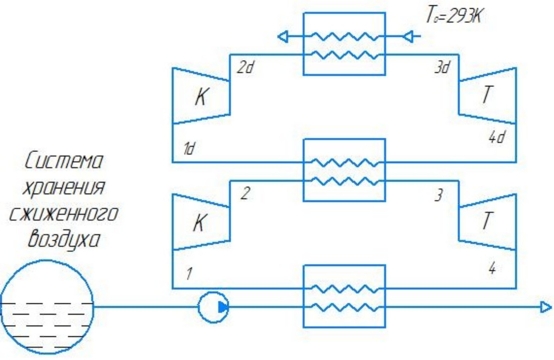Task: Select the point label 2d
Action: click(244, 68)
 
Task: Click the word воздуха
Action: click(64, 240)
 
